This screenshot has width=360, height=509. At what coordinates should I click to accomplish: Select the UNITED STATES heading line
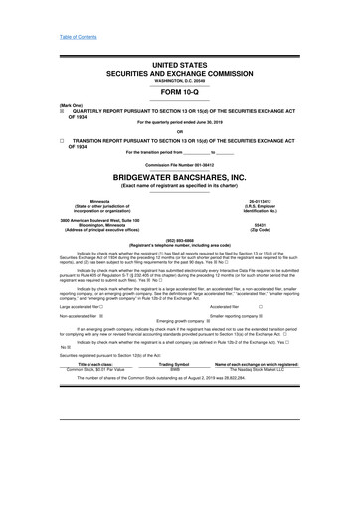point(179,63)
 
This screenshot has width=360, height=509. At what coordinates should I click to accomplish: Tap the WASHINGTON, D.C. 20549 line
point(179,79)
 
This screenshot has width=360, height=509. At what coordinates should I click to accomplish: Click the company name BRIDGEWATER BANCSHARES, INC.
point(179,173)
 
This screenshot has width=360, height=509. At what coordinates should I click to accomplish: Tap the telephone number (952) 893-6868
point(179,238)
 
